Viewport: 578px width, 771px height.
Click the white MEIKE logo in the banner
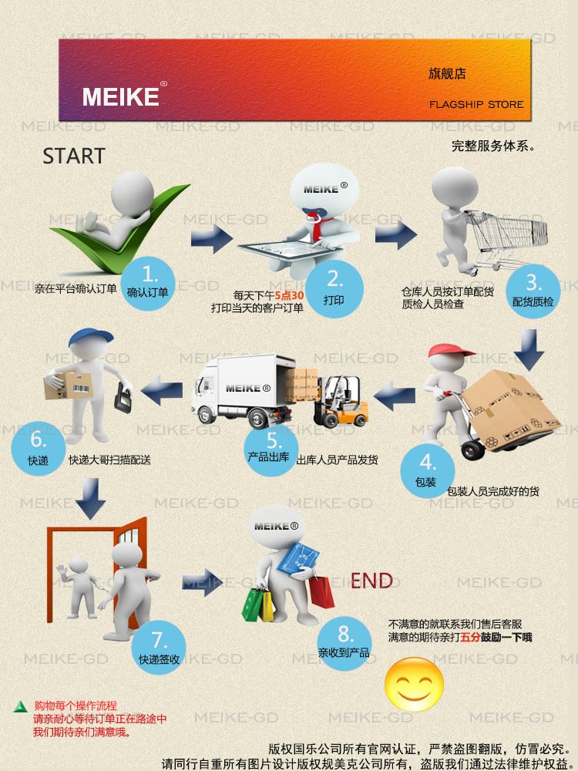121,96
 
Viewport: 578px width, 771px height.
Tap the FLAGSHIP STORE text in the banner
476,104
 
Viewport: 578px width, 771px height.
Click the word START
74,157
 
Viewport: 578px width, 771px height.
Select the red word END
371,581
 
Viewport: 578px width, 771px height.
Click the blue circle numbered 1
150,282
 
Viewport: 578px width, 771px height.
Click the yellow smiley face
415,683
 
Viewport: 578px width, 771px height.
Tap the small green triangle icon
21,706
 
